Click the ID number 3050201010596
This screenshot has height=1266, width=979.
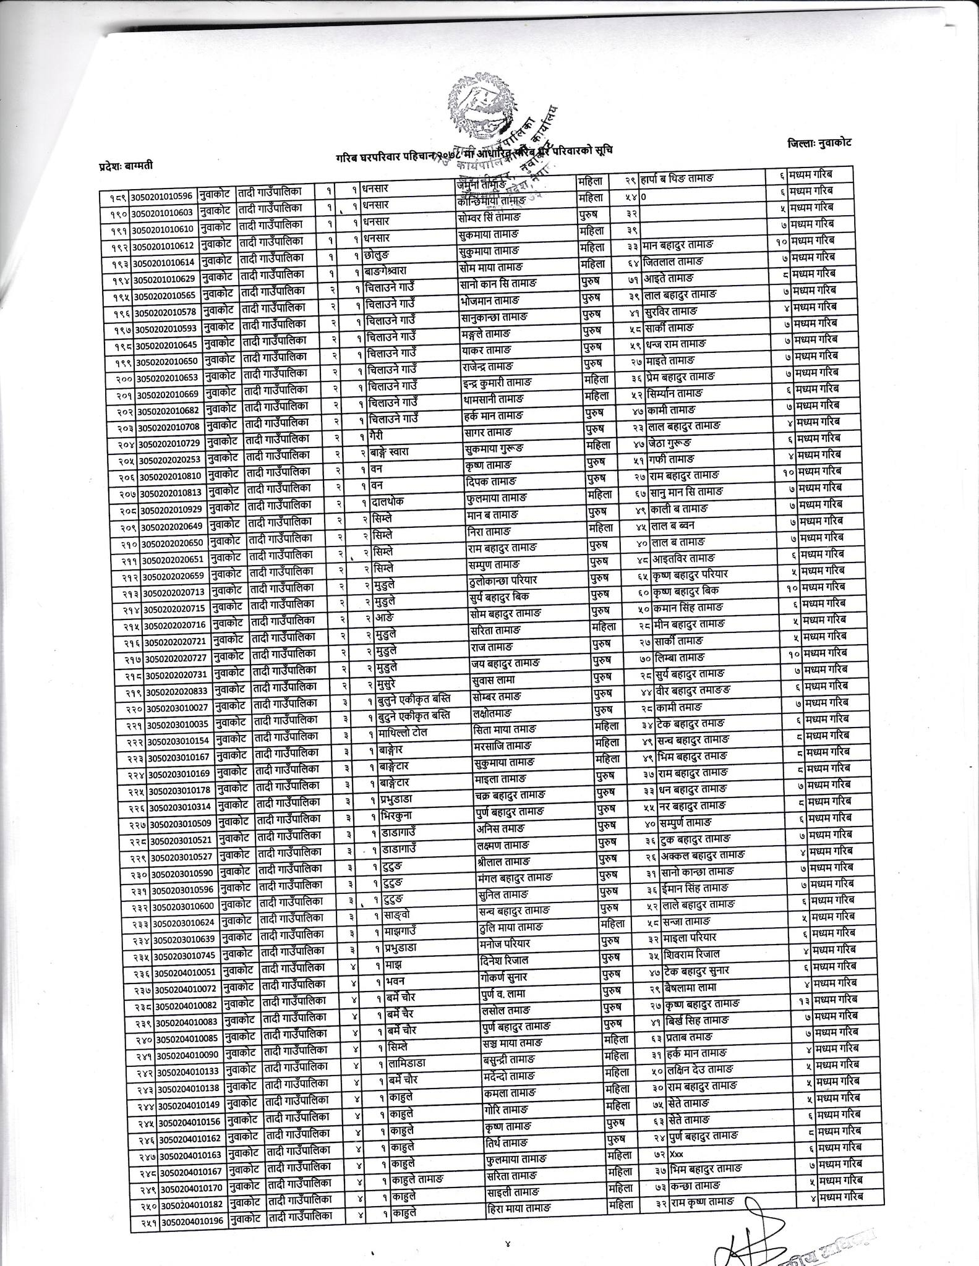pos(160,197)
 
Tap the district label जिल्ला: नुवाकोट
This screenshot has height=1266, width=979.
pos(819,143)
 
